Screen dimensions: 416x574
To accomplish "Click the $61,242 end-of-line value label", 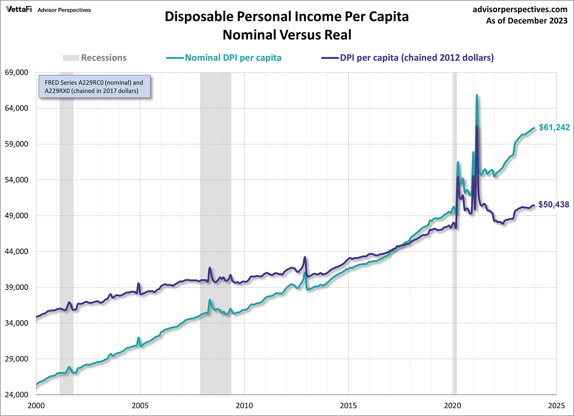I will point(554,127).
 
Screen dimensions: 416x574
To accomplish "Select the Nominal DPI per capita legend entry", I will point(233,58).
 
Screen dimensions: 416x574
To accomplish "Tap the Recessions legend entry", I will point(104,58).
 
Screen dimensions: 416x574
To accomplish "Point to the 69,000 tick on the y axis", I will point(16,72).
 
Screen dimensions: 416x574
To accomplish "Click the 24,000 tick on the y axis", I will point(16,395).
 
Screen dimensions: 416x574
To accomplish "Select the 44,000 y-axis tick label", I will point(16,251).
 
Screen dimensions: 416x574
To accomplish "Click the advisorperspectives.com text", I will point(520,9).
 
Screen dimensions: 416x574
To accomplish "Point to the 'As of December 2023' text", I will point(527,20).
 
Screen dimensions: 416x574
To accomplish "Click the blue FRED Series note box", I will point(94,87).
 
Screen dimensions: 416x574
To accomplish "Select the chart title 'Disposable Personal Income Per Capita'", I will point(287,17).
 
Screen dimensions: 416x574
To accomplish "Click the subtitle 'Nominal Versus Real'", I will point(287,35).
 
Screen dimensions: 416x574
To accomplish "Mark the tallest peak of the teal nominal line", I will point(477,95).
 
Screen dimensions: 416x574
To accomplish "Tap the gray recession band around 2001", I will point(66,236).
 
